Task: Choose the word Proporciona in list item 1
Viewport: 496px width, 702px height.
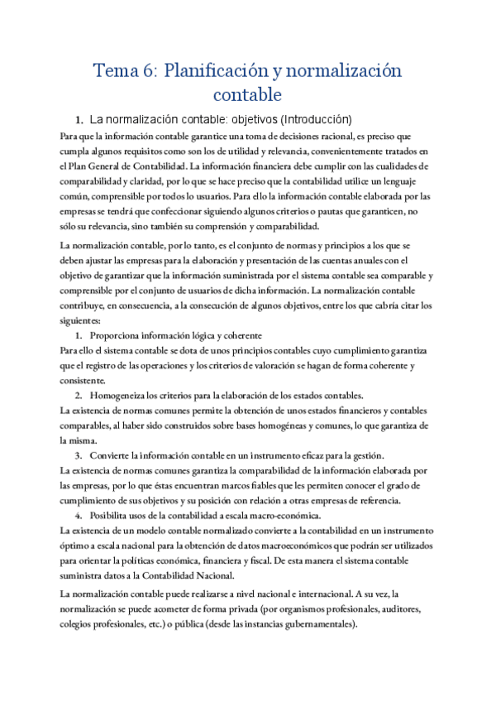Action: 119,335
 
